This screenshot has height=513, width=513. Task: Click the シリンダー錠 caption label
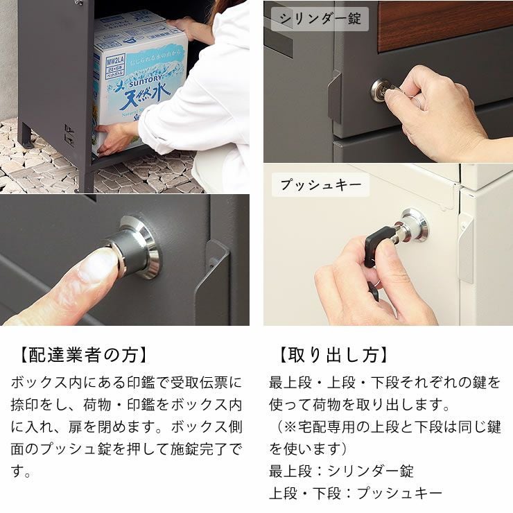(320, 19)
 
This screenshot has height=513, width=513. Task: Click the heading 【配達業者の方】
(80, 355)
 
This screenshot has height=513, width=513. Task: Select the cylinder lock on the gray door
(380, 90)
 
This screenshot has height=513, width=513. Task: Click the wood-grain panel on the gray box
(444, 24)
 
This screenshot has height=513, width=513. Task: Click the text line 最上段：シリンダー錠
(341, 471)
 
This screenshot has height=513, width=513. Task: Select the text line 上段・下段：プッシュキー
(355, 493)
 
